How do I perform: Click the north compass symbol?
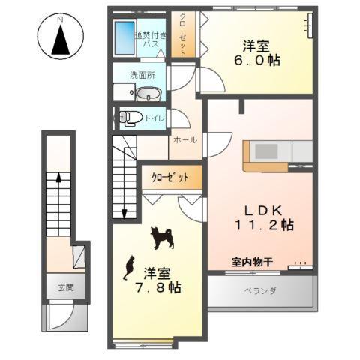(x=58, y=37)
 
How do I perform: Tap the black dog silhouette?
(x=161, y=238)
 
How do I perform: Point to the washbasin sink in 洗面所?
(x=148, y=93)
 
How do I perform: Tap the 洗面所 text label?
(x=142, y=75)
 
